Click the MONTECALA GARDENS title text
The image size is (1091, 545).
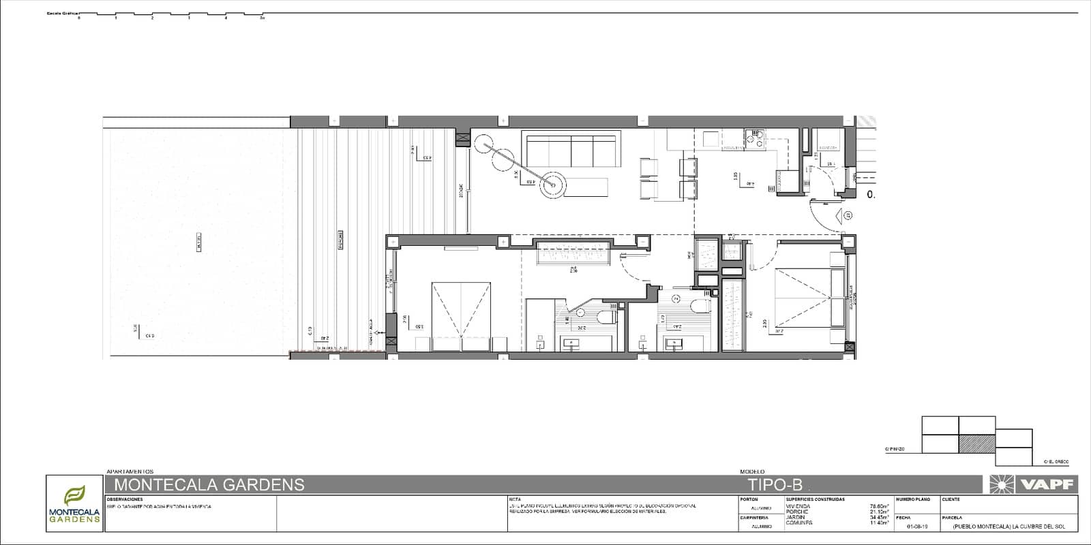(209, 485)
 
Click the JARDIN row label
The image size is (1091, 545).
(796, 517)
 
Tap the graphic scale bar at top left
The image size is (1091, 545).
(170, 14)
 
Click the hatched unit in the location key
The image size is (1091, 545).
(976, 444)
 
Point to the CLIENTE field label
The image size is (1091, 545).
(951, 499)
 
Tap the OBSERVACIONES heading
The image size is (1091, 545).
(125, 499)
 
